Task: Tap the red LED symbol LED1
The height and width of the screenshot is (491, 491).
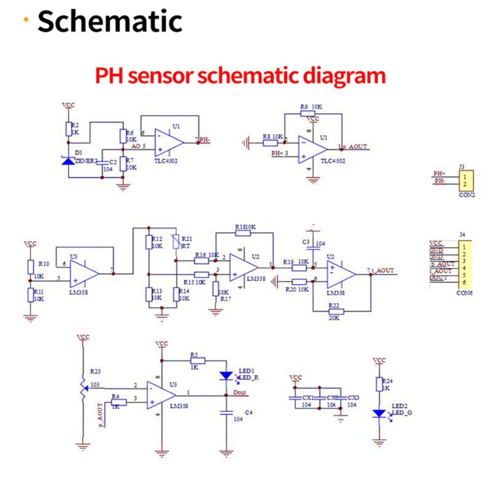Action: (226, 376)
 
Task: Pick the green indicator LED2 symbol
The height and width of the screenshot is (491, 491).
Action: (379, 414)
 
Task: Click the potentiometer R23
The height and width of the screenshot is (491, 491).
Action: (83, 385)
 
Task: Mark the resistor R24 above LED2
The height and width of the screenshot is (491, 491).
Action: (379, 384)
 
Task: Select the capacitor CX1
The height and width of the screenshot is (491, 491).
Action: (295, 398)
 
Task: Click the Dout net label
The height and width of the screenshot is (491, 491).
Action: (240, 393)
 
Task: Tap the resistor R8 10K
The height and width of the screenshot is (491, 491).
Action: (270, 143)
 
